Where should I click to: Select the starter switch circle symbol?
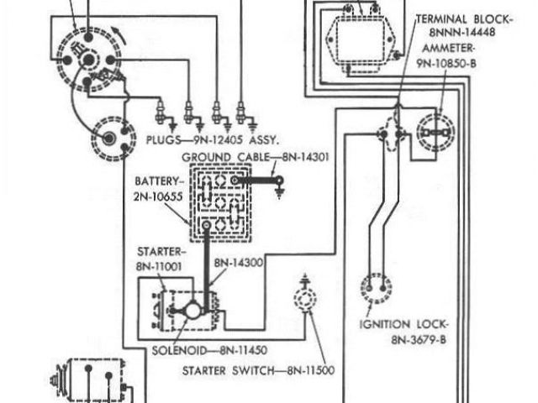tap(303, 299)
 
